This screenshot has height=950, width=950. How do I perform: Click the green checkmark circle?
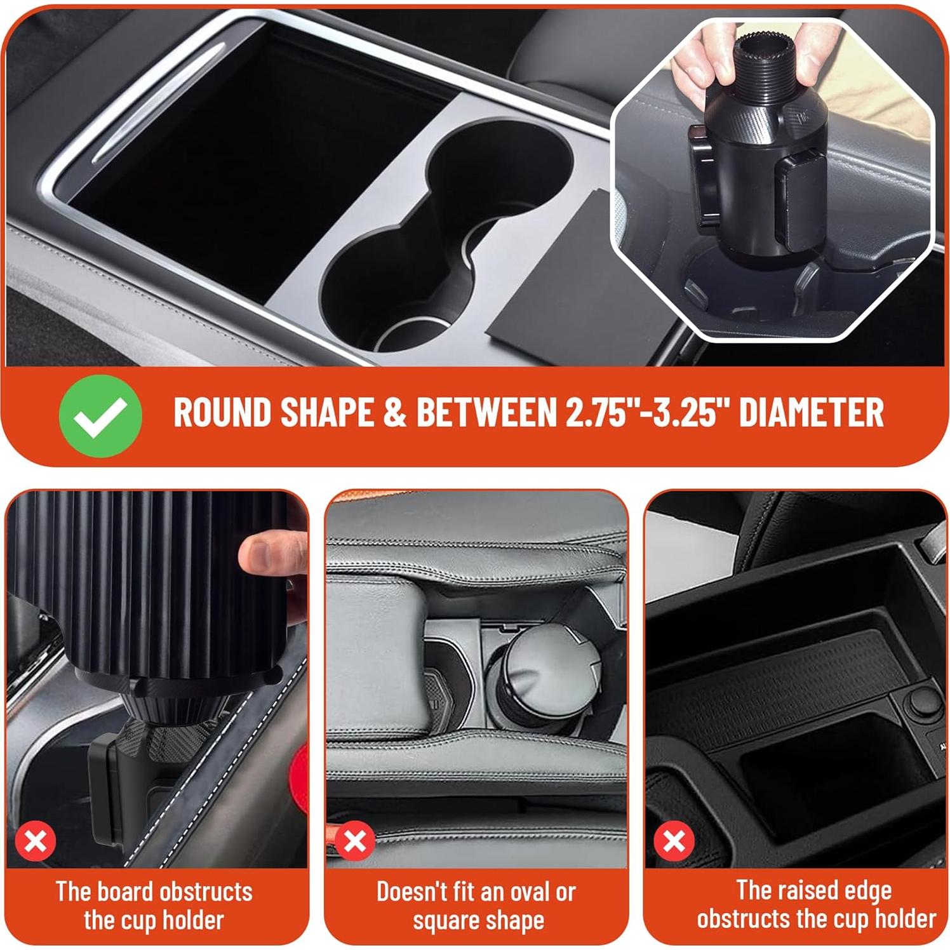pyautogui.click(x=100, y=416)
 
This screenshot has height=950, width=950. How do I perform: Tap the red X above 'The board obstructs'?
pyautogui.click(x=36, y=841)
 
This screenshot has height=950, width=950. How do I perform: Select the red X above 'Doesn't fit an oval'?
pyautogui.click(x=355, y=841)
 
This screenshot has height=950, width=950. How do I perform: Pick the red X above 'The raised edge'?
pyautogui.click(x=674, y=841)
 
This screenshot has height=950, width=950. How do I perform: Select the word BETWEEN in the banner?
pyautogui.click(x=486, y=413)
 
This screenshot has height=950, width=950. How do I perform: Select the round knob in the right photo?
pyautogui.click(x=920, y=702)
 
